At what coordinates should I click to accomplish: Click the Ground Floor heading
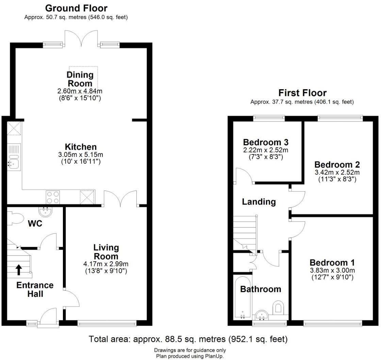click(76, 8)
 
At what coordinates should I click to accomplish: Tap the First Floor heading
click(302, 93)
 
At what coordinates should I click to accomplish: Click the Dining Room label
click(80, 79)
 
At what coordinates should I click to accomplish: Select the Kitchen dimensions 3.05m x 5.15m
click(81, 155)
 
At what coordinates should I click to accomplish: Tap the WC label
click(35, 224)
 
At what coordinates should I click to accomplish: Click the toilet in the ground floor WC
click(15, 218)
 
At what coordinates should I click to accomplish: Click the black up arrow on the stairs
click(19, 270)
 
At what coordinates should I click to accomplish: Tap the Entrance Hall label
click(35, 289)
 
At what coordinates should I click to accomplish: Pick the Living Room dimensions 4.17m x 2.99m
click(106, 264)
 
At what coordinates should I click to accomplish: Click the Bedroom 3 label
click(266, 142)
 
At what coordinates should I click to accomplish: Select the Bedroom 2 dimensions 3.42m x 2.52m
click(337, 172)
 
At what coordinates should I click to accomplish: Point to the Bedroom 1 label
click(332, 263)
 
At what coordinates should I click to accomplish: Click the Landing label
click(259, 202)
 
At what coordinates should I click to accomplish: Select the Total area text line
click(188, 339)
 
